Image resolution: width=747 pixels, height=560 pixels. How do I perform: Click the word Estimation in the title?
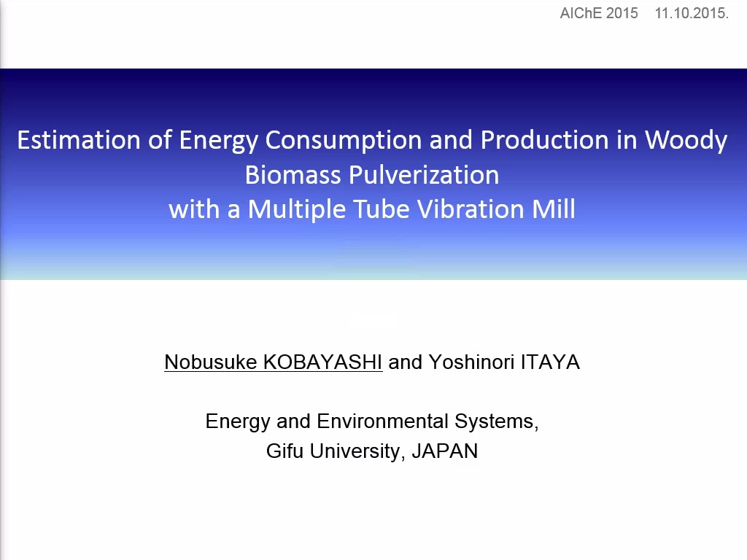tap(80, 140)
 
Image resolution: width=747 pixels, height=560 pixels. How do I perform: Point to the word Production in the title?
tap(544, 140)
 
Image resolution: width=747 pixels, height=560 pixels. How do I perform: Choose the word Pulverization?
tap(424, 175)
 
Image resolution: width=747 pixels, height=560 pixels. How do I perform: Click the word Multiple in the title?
tap(296, 210)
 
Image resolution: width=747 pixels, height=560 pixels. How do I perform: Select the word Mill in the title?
tap(554, 209)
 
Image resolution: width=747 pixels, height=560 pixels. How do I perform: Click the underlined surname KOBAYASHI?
tap(322, 362)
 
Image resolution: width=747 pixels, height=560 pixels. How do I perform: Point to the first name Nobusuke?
tap(211, 362)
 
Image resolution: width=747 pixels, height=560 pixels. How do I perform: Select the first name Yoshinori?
tap(471, 362)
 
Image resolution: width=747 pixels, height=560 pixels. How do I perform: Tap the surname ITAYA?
tap(550, 362)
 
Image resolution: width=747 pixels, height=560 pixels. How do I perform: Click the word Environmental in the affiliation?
tap(382, 421)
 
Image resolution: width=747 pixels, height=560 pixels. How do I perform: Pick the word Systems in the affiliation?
tap(496, 422)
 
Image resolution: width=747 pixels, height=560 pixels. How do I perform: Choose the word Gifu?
tap(285, 451)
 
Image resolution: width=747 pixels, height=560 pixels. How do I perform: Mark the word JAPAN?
tap(444, 451)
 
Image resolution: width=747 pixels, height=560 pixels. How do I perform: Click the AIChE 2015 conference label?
tap(599, 13)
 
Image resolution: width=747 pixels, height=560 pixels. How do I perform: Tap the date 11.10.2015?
tap(692, 13)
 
